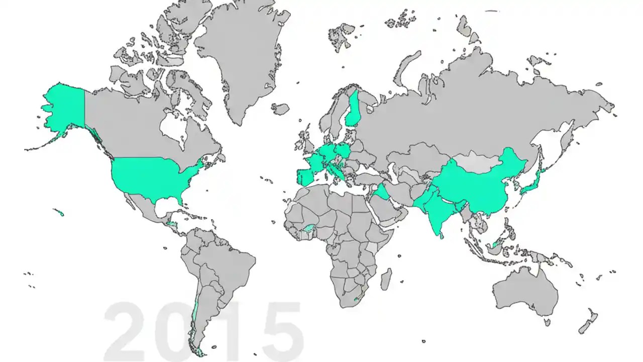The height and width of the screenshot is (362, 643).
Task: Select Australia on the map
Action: [525, 292]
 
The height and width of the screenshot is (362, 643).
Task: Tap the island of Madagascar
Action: [385, 279]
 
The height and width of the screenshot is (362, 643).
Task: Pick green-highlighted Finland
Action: [354, 111]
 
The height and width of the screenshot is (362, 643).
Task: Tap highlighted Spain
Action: [306, 177]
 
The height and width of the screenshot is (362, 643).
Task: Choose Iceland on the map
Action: [281, 109]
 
